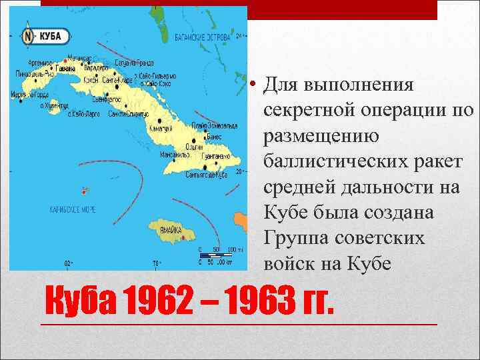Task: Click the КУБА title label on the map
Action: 51,35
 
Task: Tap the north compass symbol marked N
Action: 29,36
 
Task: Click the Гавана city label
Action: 65,68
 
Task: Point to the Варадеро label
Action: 95,67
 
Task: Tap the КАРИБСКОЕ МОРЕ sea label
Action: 73,209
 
